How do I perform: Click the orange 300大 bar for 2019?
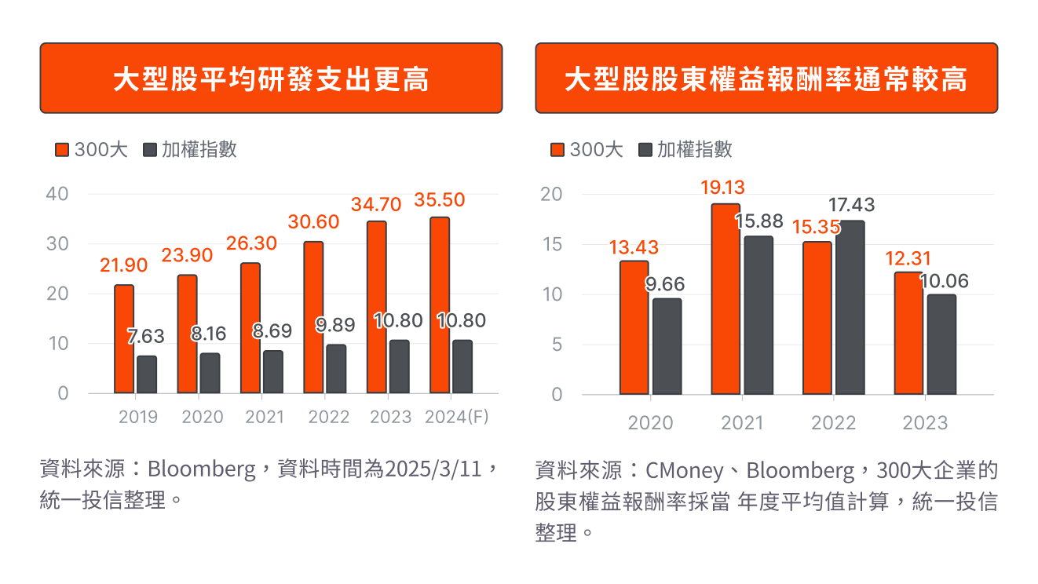coord(124,339)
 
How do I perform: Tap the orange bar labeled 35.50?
coord(440,305)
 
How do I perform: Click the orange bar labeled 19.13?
coord(726,299)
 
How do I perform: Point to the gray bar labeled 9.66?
coord(667,346)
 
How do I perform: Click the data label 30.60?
coord(313,222)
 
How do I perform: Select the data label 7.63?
coord(146,337)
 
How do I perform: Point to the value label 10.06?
coord(942,281)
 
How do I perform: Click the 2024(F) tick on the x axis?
coord(456,417)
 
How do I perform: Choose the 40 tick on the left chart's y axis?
coord(59,193)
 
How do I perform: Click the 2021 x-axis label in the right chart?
coord(742,423)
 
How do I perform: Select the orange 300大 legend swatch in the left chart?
coord(62,150)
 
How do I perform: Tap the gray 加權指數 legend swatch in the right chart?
coord(645,150)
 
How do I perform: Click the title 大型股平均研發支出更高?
coord(271,78)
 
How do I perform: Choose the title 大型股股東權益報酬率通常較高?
coord(766,78)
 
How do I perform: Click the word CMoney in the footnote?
coord(683,470)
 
